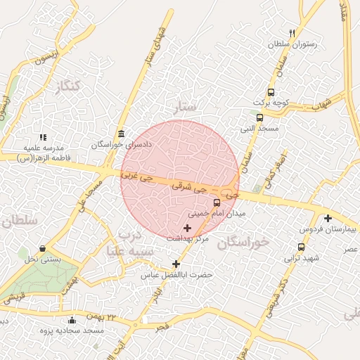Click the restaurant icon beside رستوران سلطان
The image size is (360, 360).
pyautogui.click(x=292, y=33)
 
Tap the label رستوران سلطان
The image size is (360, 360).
pyautogui.click(x=292, y=44)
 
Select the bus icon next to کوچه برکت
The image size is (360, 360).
pyautogui.click(x=271, y=92)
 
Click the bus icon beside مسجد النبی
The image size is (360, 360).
pyautogui.click(x=260, y=117)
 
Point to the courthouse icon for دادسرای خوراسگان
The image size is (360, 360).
pyautogui.click(x=122, y=134)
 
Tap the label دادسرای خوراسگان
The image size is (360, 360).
pyautogui.click(x=122, y=145)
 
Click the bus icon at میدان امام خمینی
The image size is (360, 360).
pyautogui.click(x=216, y=202)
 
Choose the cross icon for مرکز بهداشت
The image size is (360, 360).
pyautogui.click(x=187, y=228)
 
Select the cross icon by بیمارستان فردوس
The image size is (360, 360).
pyautogui.click(x=328, y=219)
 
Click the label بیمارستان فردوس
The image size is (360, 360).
pyautogui.click(x=328, y=230)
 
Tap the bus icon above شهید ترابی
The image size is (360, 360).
pyautogui.click(x=302, y=247)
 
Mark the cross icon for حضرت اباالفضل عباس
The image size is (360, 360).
pyautogui.click(x=176, y=264)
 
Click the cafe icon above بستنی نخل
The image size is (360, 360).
pyautogui.click(x=43, y=249)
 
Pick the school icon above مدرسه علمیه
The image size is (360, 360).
pyautogui.click(x=43, y=137)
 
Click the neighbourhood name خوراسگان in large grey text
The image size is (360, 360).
pyautogui.click(x=243, y=243)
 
